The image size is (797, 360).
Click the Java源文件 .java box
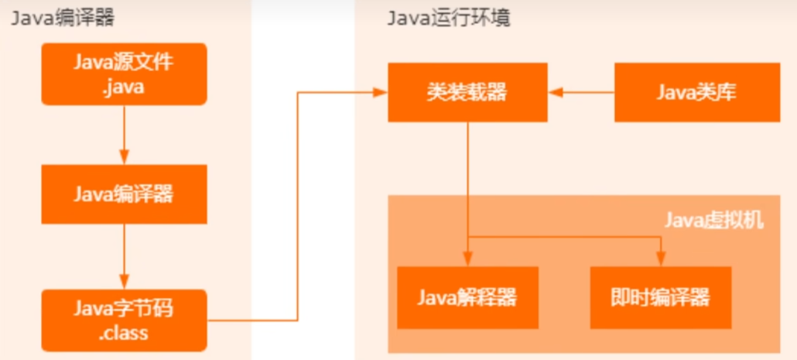pos(124,74)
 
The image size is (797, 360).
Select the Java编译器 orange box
pos(124,194)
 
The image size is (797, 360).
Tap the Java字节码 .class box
pos(124,320)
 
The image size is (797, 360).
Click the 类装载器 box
pos(467,93)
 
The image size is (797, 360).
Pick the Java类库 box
pos(696,93)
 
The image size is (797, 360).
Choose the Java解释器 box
pos(467,297)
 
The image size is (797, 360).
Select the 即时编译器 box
pos(660,297)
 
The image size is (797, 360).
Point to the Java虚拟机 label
pos(714,221)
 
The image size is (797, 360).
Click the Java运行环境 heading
pos(448,19)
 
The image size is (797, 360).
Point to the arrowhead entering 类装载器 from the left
pos(380,93)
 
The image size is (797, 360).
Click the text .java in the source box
pos(124,87)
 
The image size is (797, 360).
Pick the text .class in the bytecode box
pos(124,334)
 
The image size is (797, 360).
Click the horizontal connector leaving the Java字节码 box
pos(251,319)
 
